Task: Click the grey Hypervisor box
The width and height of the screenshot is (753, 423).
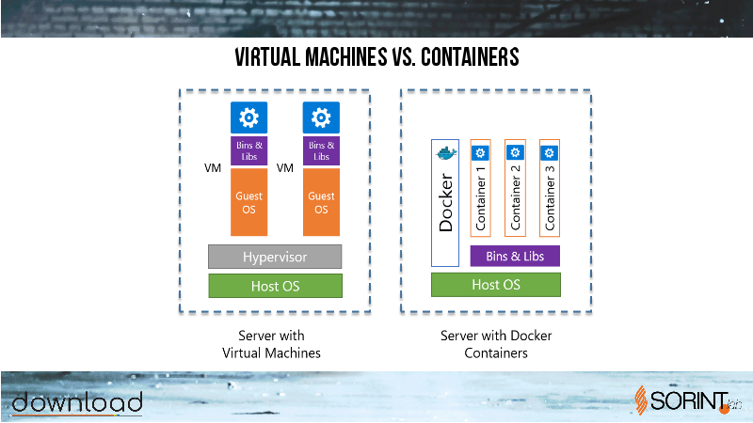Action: tap(275, 257)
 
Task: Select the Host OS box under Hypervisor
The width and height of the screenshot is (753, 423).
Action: tap(275, 286)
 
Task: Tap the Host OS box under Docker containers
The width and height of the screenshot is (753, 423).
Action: tap(496, 285)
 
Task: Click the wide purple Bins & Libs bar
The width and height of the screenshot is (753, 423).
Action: tap(515, 256)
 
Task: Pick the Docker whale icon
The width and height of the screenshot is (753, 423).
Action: tap(446, 153)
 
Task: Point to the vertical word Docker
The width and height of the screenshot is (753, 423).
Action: tap(445, 202)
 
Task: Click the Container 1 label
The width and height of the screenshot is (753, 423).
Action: tap(480, 198)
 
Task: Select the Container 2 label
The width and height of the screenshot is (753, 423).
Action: tap(515, 197)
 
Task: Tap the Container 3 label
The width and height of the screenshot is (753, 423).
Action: tap(550, 198)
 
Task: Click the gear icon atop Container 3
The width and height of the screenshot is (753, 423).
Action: tap(550, 153)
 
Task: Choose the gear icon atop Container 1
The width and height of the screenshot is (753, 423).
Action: tap(480, 153)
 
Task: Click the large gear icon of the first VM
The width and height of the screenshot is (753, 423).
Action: tap(248, 117)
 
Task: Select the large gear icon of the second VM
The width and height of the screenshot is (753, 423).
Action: tap(321, 117)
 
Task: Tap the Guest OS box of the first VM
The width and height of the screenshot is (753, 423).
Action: tap(248, 202)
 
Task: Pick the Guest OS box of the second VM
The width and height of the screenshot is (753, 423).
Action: tap(321, 202)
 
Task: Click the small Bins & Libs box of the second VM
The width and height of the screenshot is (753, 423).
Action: tap(321, 150)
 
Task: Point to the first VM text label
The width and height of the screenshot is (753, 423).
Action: tap(213, 168)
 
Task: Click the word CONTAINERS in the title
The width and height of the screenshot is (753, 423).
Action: tap(470, 57)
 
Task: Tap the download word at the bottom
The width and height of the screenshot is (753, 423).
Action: tap(77, 402)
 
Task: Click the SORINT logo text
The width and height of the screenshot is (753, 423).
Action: tap(689, 401)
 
